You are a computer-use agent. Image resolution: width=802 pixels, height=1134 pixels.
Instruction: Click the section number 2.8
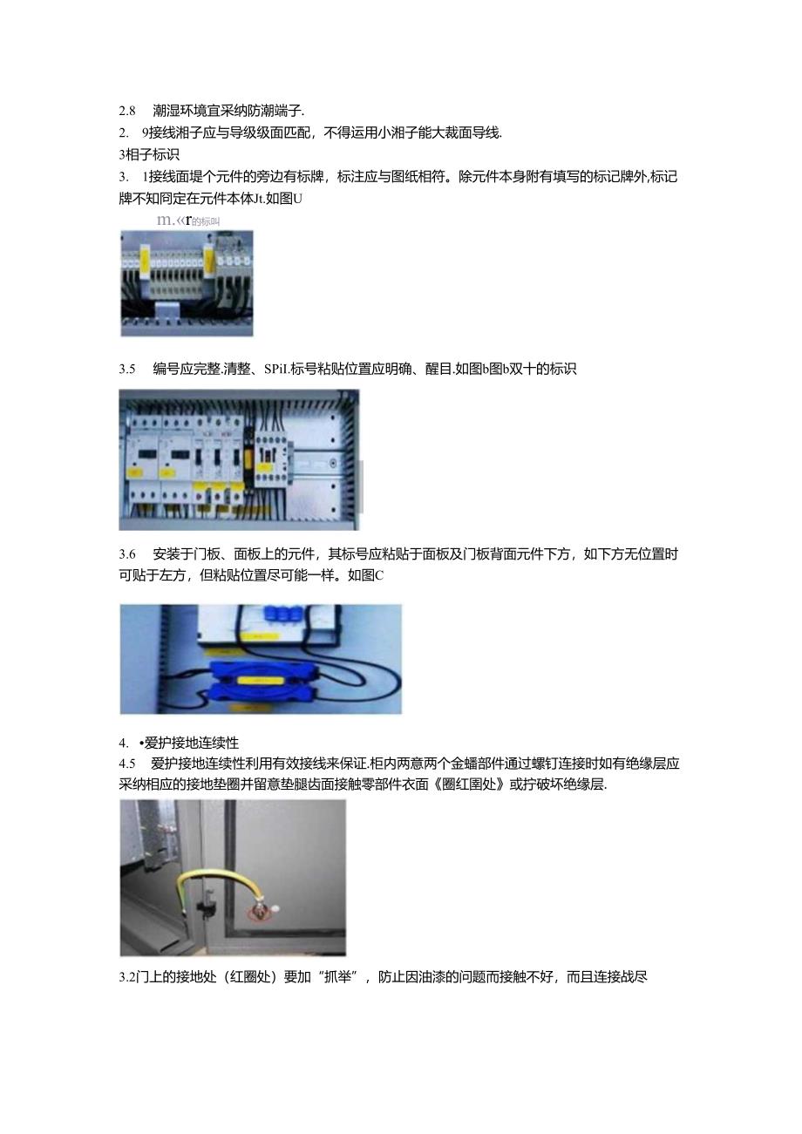tap(127, 111)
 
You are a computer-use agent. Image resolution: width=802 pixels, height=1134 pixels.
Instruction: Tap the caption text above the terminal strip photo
tap(187, 221)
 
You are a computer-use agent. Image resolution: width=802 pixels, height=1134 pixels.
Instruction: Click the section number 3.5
tap(127, 369)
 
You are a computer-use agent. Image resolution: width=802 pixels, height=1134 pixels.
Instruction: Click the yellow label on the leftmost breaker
tap(138, 471)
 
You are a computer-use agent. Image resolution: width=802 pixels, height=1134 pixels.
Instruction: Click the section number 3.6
tap(127, 553)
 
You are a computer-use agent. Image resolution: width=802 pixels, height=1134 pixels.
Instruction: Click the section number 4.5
tap(127, 763)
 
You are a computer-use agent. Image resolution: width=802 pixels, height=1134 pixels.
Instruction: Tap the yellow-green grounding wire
tap(218, 877)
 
